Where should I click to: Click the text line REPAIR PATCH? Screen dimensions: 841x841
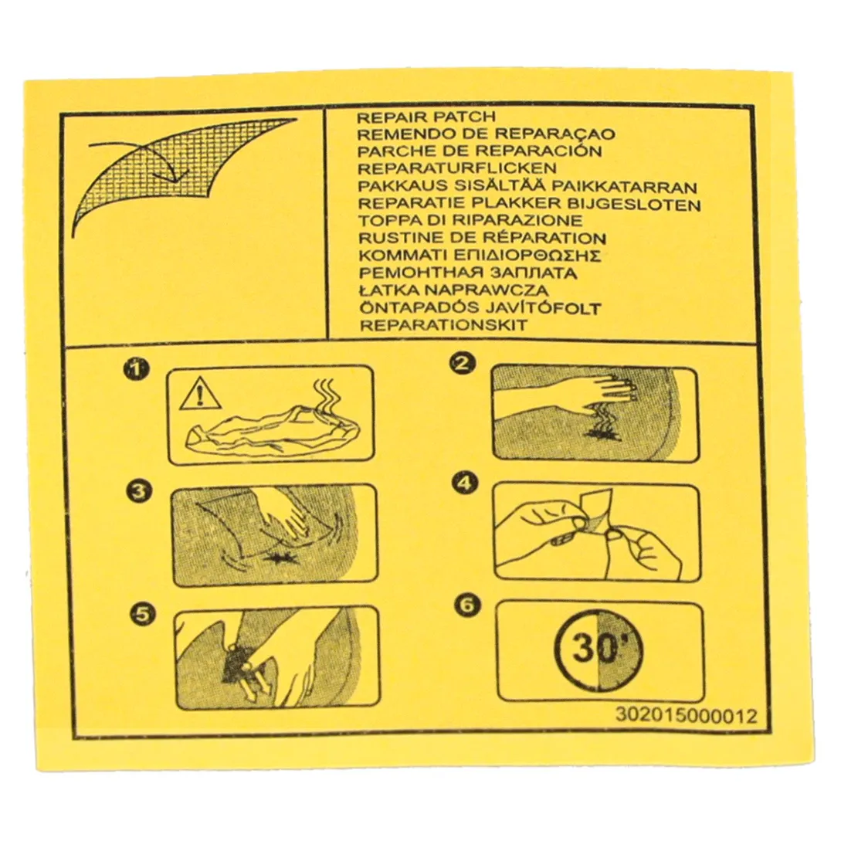click(x=426, y=117)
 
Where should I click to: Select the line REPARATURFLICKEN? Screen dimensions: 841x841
click(x=457, y=168)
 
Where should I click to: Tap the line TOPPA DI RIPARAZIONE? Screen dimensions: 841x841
click(x=470, y=220)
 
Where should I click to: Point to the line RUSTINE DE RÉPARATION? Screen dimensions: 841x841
click(x=482, y=238)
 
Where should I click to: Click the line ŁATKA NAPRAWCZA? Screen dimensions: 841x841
click(x=454, y=290)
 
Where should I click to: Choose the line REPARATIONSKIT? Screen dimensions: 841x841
click(x=443, y=325)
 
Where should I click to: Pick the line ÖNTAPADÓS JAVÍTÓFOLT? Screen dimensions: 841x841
click(x=480, y=308)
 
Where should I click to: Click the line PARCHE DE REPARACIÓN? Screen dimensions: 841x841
click(x=480, y=151)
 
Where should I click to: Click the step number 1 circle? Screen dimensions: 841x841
click(x=136, y=370)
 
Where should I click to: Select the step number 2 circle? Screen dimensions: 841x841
click(x=463, y=364)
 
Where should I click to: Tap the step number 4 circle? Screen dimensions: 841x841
click(x=464, y=483)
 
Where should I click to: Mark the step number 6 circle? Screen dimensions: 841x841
click(x=466, y=605)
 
